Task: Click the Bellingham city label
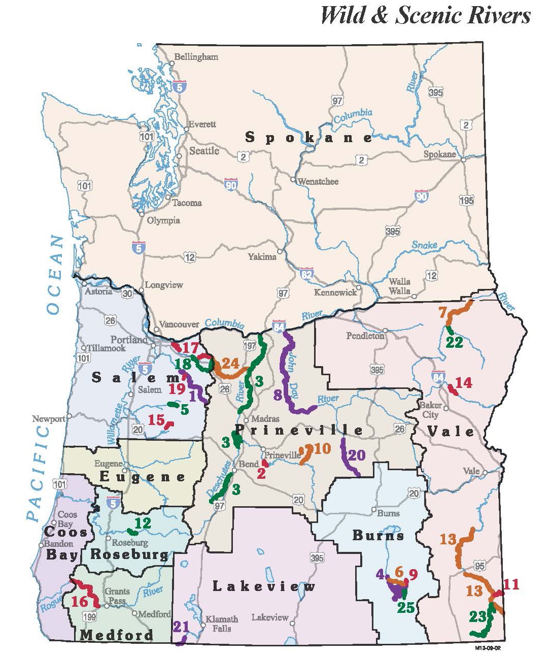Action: tap(196, 57)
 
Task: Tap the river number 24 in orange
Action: tap(230, 363)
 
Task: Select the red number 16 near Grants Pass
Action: tap(80, 602)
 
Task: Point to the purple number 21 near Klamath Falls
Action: tap(181, 626)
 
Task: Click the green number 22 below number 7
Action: tap(454, 342)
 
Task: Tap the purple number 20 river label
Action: tap(357, 455)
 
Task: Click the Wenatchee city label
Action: tap(318, 181)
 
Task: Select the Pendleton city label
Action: tap(365, 336)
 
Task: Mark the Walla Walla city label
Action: tap(399, 286)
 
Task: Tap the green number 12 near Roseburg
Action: tap(143, 522)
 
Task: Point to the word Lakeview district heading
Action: tap(263, 586)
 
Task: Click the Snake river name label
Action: tap(424, 245)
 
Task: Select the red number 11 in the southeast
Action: tap(511, 584)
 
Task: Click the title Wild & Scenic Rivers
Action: tap(425, 15)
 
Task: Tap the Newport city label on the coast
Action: tap(49, 419)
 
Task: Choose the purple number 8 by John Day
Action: tap(278, 395)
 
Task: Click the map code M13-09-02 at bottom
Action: tap(488, 648)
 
